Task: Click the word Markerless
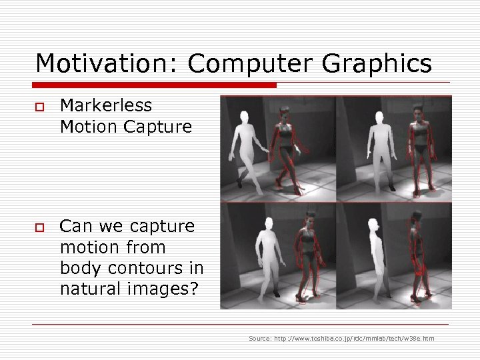106,105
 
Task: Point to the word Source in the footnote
260,339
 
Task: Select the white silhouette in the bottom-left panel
267,257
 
